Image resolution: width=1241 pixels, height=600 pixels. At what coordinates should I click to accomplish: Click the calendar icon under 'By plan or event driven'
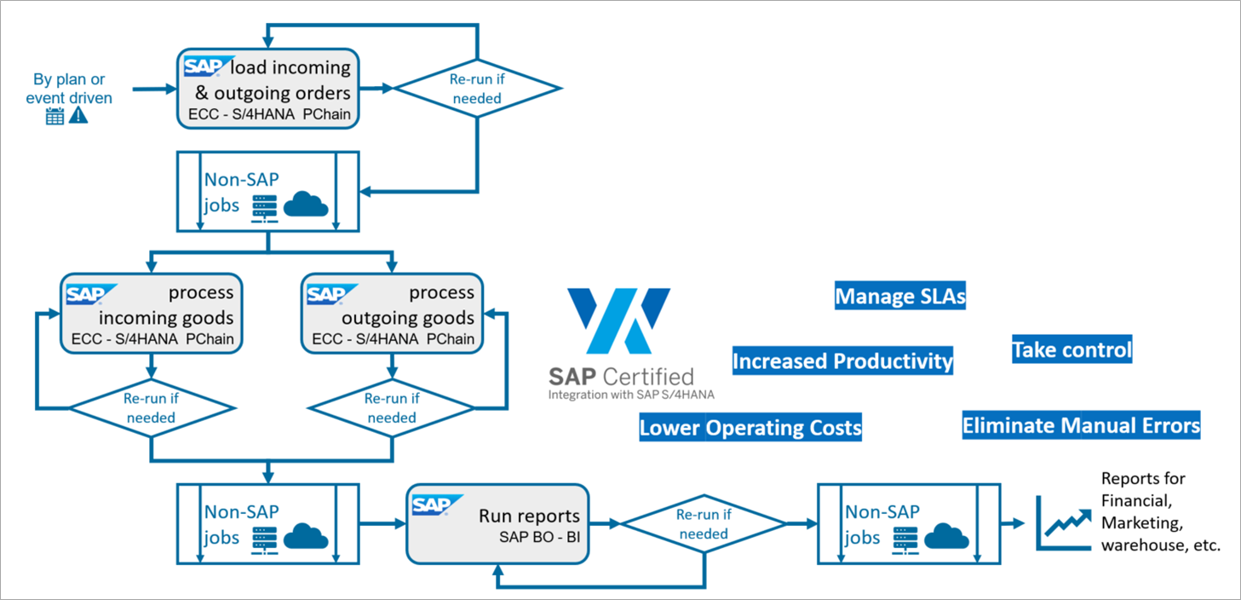55,117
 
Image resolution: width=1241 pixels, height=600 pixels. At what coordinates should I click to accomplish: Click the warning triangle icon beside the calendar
78,116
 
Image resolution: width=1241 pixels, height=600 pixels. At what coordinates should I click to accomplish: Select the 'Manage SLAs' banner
900,296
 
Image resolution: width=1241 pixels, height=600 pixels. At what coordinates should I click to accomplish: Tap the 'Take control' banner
1072,349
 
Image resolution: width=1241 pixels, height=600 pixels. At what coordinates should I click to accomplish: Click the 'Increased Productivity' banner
842,361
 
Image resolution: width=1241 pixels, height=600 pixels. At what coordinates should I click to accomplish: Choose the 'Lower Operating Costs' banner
750,427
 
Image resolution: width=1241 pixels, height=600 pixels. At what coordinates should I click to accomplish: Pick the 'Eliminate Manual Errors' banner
1081,424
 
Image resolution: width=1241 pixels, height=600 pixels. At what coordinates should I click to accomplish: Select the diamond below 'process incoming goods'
151,408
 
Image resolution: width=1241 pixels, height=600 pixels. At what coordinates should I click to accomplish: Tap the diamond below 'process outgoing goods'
392,408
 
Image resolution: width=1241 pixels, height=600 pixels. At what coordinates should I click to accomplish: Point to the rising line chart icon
1065,521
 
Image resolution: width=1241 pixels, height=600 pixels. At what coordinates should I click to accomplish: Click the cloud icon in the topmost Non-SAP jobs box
305,205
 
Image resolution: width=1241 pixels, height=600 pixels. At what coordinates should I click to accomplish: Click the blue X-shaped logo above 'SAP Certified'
619,320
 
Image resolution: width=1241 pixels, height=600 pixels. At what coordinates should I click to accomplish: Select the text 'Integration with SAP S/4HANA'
631,395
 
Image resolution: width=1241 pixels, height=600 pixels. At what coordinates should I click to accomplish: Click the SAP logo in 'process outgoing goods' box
327,294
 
